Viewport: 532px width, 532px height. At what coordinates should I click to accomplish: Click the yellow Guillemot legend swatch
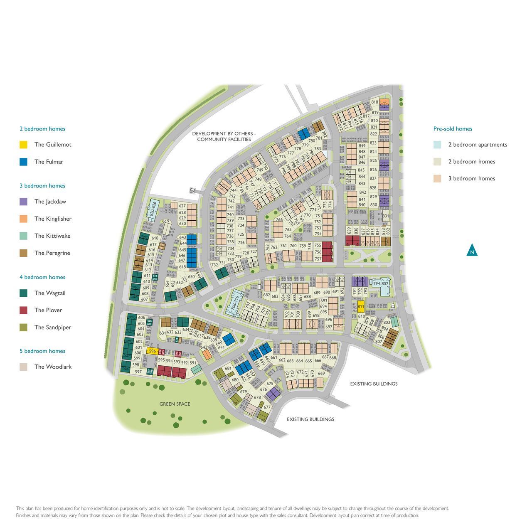23,145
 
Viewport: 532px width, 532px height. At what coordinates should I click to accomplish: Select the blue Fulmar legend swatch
23,162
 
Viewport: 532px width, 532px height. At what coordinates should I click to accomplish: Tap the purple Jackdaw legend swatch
23,202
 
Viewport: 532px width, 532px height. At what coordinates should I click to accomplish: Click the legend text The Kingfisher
53,219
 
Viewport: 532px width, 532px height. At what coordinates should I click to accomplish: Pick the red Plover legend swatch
23,310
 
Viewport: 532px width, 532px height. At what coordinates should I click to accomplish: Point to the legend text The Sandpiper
53,327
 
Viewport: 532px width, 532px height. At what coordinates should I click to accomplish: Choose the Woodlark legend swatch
23,367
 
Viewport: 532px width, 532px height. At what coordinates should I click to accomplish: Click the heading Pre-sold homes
453,129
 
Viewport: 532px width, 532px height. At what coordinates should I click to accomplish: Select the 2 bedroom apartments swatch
437,145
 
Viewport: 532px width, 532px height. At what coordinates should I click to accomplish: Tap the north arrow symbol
472,251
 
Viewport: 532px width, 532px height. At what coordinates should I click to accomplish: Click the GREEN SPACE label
175,404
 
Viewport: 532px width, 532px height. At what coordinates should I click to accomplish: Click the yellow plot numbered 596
152,351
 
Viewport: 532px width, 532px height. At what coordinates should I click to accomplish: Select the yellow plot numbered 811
361,307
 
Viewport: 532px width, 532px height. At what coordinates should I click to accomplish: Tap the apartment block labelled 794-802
380,284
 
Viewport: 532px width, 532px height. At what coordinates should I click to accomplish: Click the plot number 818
374,102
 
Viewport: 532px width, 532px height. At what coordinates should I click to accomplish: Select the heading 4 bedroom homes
42,277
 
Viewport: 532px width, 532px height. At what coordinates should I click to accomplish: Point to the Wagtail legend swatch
23,293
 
